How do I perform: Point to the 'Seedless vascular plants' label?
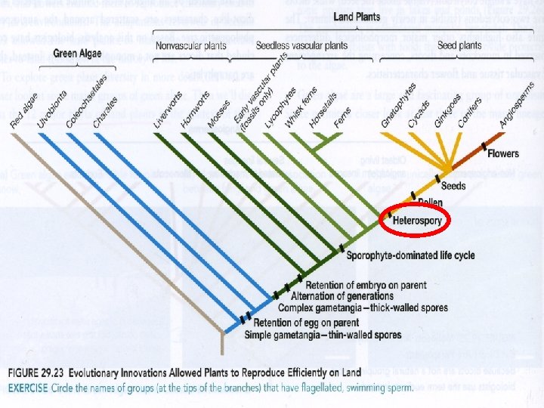(295, 46)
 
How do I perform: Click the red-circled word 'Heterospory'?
(417, 220)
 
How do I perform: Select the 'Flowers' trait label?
(502, 154)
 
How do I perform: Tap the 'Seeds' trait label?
(453, 186)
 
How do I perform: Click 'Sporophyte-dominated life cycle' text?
(410, 255)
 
